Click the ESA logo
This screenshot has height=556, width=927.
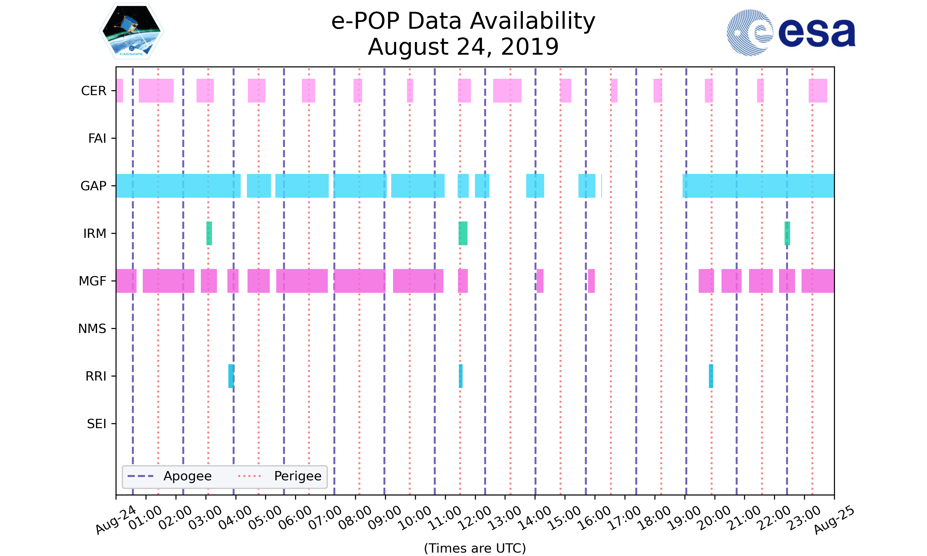pos(791,33)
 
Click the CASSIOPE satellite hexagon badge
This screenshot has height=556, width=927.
pos(132,32)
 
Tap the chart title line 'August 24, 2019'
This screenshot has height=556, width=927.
pos(463,47)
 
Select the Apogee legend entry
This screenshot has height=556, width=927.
pos(171,476)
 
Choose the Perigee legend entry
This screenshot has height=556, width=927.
pos(280,476)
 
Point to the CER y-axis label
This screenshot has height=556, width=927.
pos(94,91)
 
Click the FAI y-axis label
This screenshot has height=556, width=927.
pos(97,138)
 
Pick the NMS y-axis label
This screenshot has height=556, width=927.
pos(92,329)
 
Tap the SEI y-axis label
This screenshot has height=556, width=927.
pos(97,424)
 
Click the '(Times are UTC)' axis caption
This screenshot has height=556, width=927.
pos(475,548)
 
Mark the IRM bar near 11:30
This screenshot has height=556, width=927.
pos(463,234)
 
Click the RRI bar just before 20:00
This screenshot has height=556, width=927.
pos(711,376)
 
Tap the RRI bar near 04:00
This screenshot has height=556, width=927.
pos(231,376)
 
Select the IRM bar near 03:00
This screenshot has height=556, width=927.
pos(209,234)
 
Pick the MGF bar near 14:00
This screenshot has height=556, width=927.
pos(540,281)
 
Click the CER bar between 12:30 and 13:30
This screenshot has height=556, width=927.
pos(507,91)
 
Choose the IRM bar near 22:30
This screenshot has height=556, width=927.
pos(787,234)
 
